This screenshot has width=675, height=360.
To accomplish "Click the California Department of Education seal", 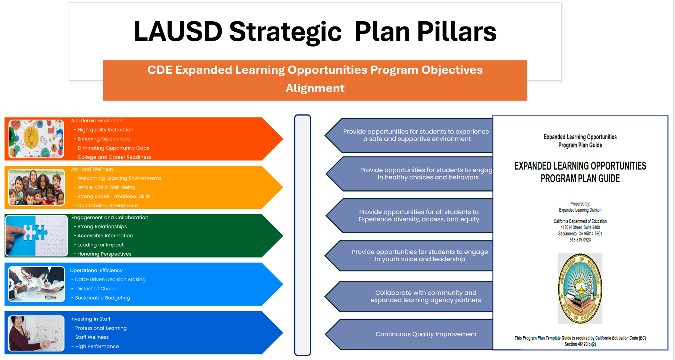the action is [x=580, y=288].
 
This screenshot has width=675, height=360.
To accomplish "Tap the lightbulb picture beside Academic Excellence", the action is [x=36, y=139].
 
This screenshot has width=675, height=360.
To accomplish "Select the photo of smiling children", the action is [x=36, y=187].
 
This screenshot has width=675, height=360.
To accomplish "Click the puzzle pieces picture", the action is [x=37, y=236].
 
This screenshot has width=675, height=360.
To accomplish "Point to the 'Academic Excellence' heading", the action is [x=97, y=121].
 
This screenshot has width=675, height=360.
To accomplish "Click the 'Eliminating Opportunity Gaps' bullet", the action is [x=112, y=148].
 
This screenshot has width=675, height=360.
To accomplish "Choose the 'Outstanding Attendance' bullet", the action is [x=106, y=205].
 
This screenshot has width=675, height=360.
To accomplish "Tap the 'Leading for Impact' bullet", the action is [x=98, y=245].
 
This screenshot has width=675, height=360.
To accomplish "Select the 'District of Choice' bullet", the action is [x=94, y=288].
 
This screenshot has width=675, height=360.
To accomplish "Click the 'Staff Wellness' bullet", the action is [x=90, y=337].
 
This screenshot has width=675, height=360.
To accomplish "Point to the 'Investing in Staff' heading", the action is [x=90, y=319].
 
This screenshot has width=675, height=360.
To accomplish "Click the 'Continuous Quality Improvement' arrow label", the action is [x=426, y=334].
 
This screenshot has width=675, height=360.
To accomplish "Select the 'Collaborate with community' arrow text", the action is [x=426, y=293].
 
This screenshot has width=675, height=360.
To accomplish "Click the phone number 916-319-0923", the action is [x=580, y=240].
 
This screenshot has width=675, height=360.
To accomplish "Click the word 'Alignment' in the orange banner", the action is [x=315, y=88].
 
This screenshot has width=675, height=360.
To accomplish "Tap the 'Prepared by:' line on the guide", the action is [x=580, y=204].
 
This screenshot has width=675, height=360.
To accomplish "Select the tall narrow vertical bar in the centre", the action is [x=302, y=235].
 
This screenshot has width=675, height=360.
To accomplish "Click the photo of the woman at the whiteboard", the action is [x=36, y=333].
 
